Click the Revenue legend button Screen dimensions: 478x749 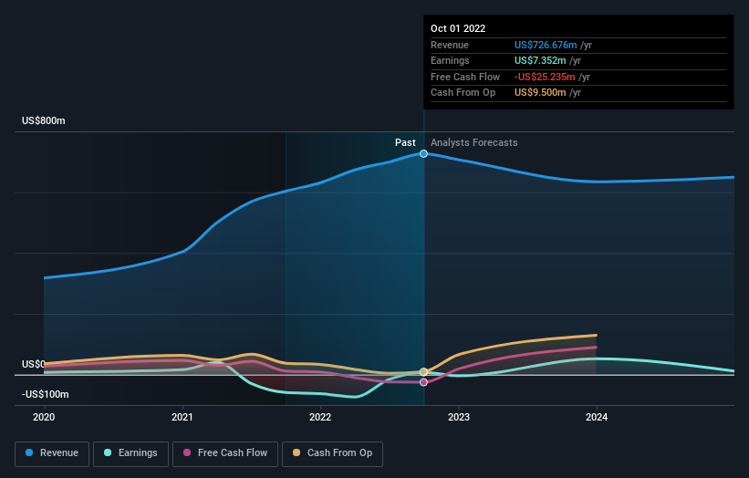click(53, 452)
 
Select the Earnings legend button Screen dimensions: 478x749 click(130, 452)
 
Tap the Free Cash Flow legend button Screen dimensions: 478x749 click(224, 452)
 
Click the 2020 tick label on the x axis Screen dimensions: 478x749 click(44, 417)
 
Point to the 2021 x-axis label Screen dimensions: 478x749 click(182, 417)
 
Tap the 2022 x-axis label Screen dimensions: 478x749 click(320, 417)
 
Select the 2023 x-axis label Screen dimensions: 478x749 click(459, 417)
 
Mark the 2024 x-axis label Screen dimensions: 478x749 click(597, 417)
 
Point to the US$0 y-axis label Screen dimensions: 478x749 click(34, 364)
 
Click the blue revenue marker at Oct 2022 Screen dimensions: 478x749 click(424, 153)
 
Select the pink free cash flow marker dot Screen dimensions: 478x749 click(424, 382)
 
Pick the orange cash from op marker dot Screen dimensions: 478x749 click(424, 371)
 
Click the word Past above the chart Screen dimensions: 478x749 click(405, 142)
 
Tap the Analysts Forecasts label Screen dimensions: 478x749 click(473, 142)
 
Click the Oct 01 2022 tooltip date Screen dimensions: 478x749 click(458, 28)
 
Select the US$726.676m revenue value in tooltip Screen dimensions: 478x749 click(546, 45)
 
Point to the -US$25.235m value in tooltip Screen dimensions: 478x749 click(546, 77)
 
